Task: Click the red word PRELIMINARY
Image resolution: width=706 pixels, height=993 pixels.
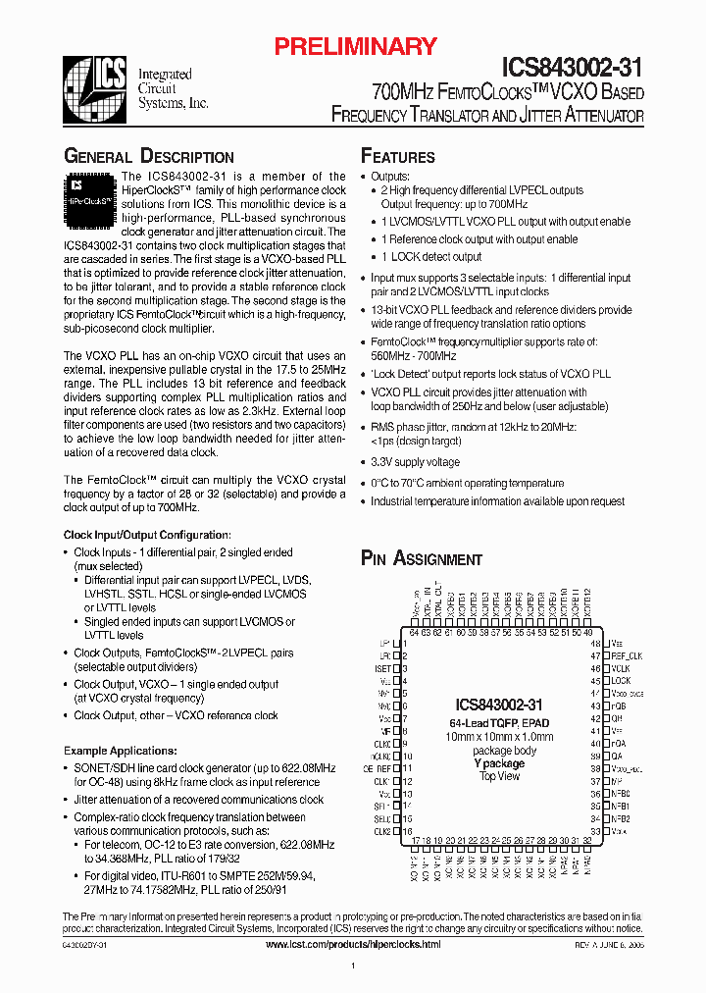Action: [354, 46]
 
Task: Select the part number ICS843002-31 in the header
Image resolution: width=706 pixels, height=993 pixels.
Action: [573, 68]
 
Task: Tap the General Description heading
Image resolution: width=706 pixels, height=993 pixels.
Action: [148, 157]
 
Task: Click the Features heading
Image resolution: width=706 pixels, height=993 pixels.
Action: [398, 157]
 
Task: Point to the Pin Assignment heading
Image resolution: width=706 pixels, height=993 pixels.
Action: [422, 558]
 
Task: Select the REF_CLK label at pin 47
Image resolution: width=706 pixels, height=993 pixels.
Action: [626, 655]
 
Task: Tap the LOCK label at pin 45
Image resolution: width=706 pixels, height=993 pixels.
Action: [620, 680]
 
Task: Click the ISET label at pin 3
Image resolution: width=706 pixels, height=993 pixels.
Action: [383, 668]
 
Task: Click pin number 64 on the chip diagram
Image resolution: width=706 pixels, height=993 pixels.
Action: [414, 633]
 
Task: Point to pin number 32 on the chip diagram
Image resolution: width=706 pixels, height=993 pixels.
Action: [587, 841]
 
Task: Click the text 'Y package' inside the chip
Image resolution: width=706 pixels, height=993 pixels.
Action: [499, 763]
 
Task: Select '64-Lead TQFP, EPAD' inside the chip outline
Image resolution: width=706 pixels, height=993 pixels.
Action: [499, 723]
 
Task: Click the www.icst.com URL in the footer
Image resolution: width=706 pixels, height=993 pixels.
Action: [353, 944]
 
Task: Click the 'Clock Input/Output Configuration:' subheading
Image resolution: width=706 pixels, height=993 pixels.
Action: [147, 535]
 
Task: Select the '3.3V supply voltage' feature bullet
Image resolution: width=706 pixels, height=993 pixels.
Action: [415, 462]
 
